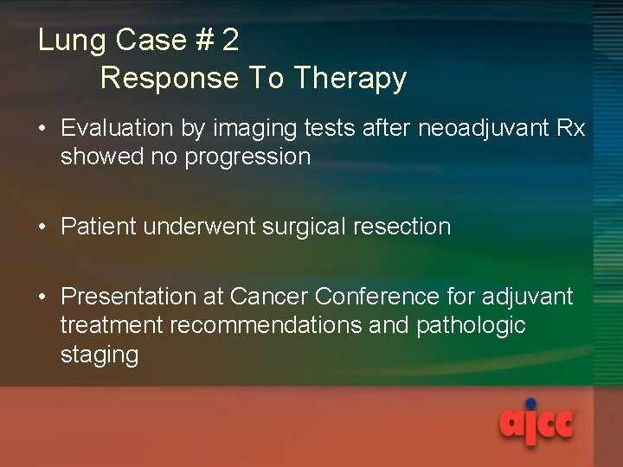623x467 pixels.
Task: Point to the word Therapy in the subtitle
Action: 350,78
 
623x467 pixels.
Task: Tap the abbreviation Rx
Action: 571,128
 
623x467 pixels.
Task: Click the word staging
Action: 99,355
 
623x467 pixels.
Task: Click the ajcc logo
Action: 536,424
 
